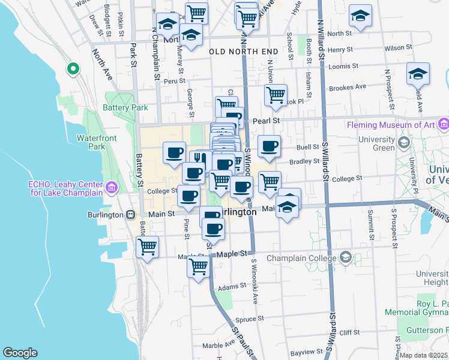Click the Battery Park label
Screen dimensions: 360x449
coord(125,107)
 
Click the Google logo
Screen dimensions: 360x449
coord(20,353)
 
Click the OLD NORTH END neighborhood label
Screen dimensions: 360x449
coord(243,52)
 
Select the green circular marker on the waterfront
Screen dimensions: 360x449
coord(73,70)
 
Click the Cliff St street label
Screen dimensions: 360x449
coord(349,332)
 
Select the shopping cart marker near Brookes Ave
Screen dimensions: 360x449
coord(276,94)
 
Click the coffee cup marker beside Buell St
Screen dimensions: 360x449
coord(269,145)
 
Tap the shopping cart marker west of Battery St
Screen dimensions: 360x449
coord(147,246)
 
